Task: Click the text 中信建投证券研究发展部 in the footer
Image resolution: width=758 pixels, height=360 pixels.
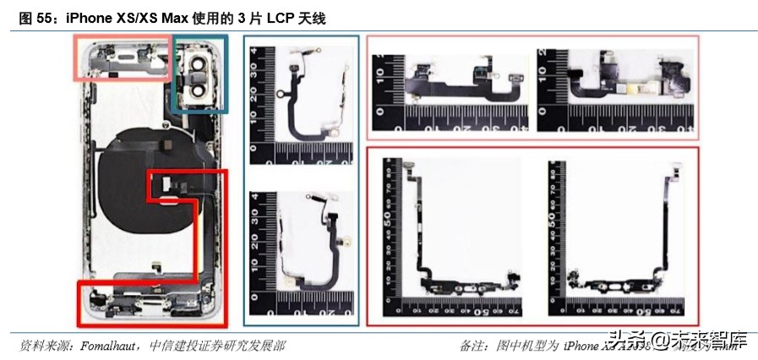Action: click(217, 346)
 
